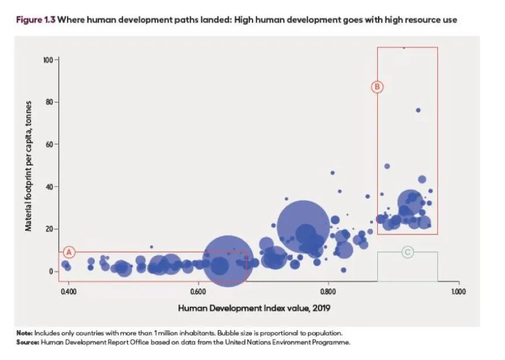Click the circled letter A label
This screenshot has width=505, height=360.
click(69, 252)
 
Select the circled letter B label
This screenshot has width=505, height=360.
click(377, 86)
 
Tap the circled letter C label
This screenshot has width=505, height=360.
click(408, 252)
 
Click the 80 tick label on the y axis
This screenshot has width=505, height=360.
click(50, 102)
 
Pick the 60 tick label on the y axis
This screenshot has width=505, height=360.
click(50, 144)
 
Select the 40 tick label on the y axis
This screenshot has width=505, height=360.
click(50, 187)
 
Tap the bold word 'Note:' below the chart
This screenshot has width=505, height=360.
click(25, 333)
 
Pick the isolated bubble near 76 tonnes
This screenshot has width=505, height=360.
click(418, 110)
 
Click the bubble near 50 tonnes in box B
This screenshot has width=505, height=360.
click(387, 166)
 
